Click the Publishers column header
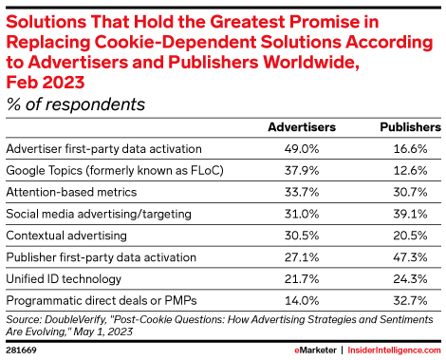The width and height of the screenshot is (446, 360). pos(410,125)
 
